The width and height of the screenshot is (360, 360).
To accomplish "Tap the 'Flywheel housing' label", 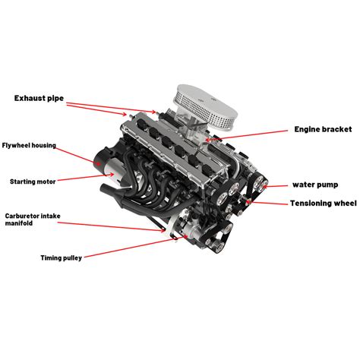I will pyautogui.click(x=29, y=144).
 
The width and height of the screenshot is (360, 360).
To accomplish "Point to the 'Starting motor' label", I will pyautogui.click(x=32, y=182).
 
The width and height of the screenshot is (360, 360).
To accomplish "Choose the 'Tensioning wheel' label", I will pyautogui.click(x=322, y=203).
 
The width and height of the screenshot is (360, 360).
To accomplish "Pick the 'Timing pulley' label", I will pyautogui.click(x=62, y=257).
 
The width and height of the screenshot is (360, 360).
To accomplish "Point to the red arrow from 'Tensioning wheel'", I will pyautogui.click(x=270, y=203).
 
